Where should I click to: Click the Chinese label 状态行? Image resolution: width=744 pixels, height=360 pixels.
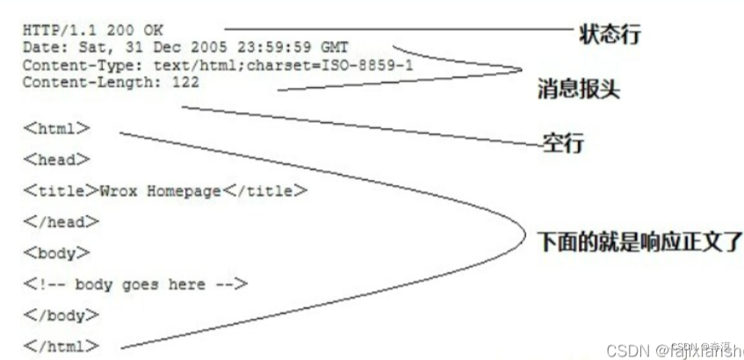click(x=610, y=35)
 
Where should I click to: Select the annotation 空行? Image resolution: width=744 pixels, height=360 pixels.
click(x=562, y=142)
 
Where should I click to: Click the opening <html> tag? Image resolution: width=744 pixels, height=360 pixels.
click(x=57, y=127)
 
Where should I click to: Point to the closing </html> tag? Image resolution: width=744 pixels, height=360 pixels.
click(x=61, y=346)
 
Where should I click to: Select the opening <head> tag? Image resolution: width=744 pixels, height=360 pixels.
click(x=57, y=159)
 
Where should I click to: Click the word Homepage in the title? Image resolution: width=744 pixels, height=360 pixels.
click(x=183, y=191)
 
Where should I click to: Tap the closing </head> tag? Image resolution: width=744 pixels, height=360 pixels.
click(x=61, y=221)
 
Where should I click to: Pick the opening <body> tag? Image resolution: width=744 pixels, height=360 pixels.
click(x=57, y=253)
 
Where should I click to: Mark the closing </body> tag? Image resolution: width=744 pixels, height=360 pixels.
click(x=61, y=314)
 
